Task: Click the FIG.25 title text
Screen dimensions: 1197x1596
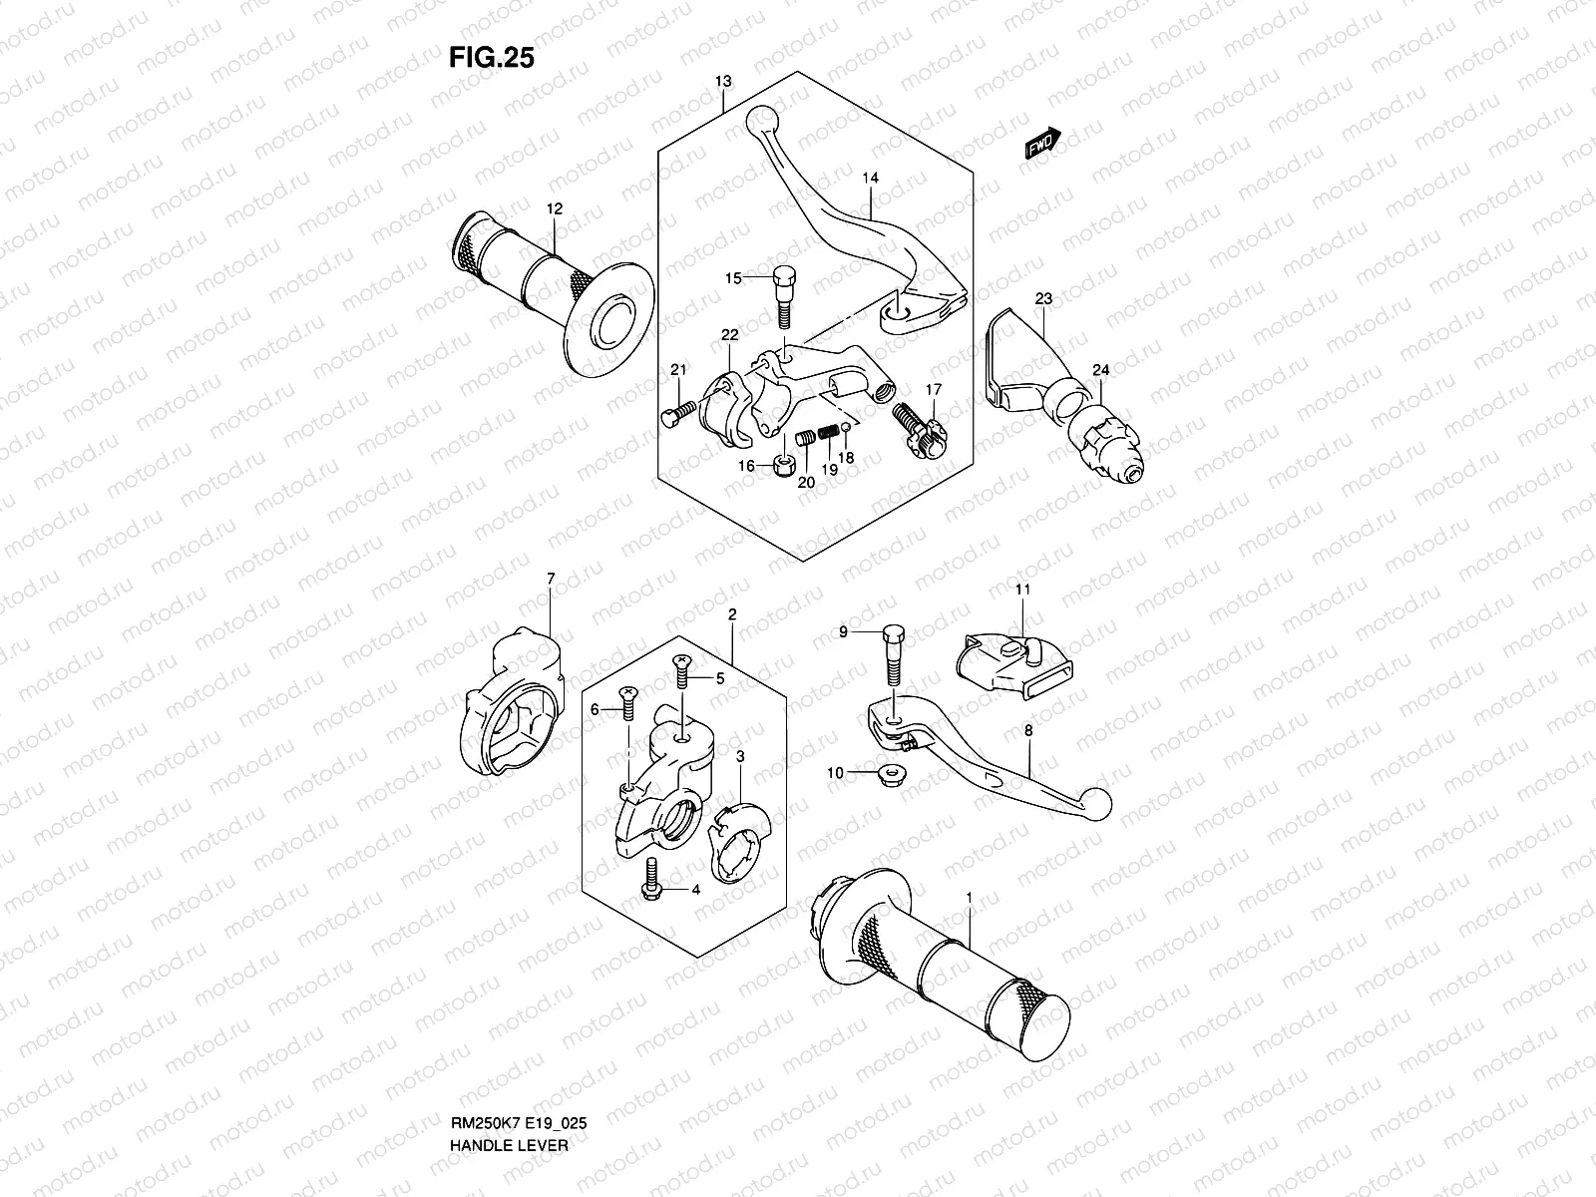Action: click(x=492, y=57)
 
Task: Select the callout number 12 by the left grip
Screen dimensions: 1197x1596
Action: click(x=554, y=208)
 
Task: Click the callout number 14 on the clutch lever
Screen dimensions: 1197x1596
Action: click(x=871, y=179)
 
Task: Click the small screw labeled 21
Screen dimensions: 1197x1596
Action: click(x=675, y=412)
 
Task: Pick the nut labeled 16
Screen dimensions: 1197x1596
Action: click(x=783, y=464)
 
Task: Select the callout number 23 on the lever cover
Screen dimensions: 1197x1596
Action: click(x=1043, y=298)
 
